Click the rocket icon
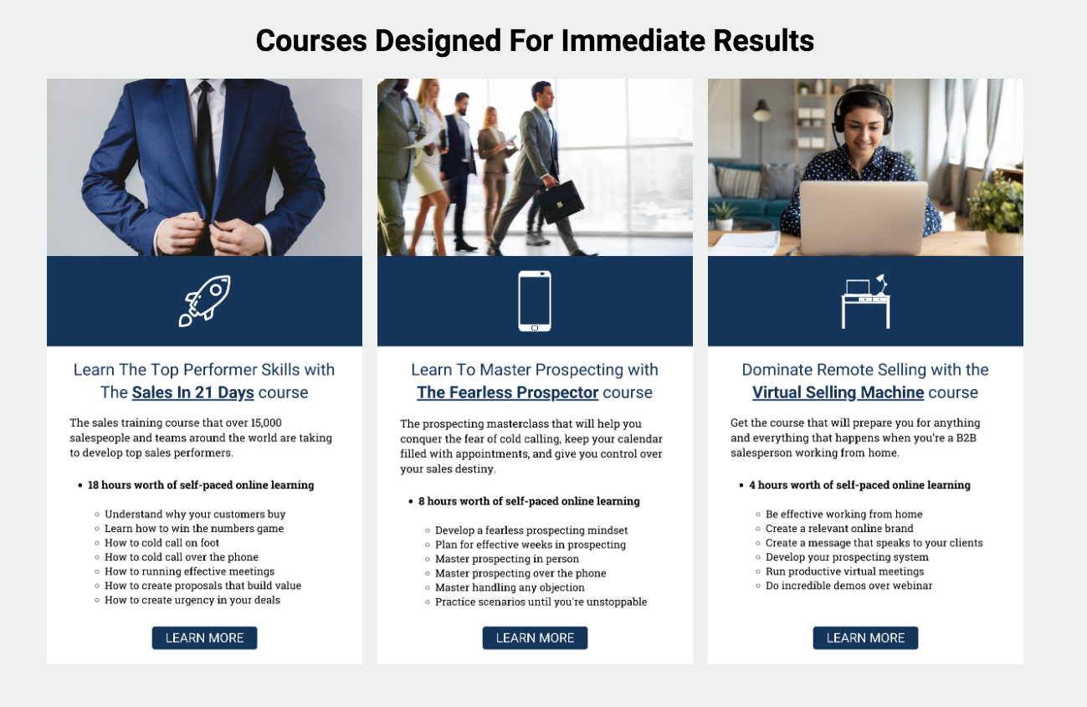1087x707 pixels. click(x=204, y=301)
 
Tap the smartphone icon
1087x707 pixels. click(x=535, y=301)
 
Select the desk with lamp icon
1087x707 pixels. click(x=865, y=301)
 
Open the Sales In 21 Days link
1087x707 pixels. click(x=193, y=392)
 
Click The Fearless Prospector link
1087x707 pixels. click(x=507, y=392)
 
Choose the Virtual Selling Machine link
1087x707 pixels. click(x=838, y=392)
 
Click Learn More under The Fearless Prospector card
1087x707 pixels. click(x=535, y=638)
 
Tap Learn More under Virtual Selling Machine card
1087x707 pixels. click(x=865, y=638)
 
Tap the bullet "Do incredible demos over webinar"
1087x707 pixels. click(x=849, y=586)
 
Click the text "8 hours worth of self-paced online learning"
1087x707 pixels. click(x=529, y=501)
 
